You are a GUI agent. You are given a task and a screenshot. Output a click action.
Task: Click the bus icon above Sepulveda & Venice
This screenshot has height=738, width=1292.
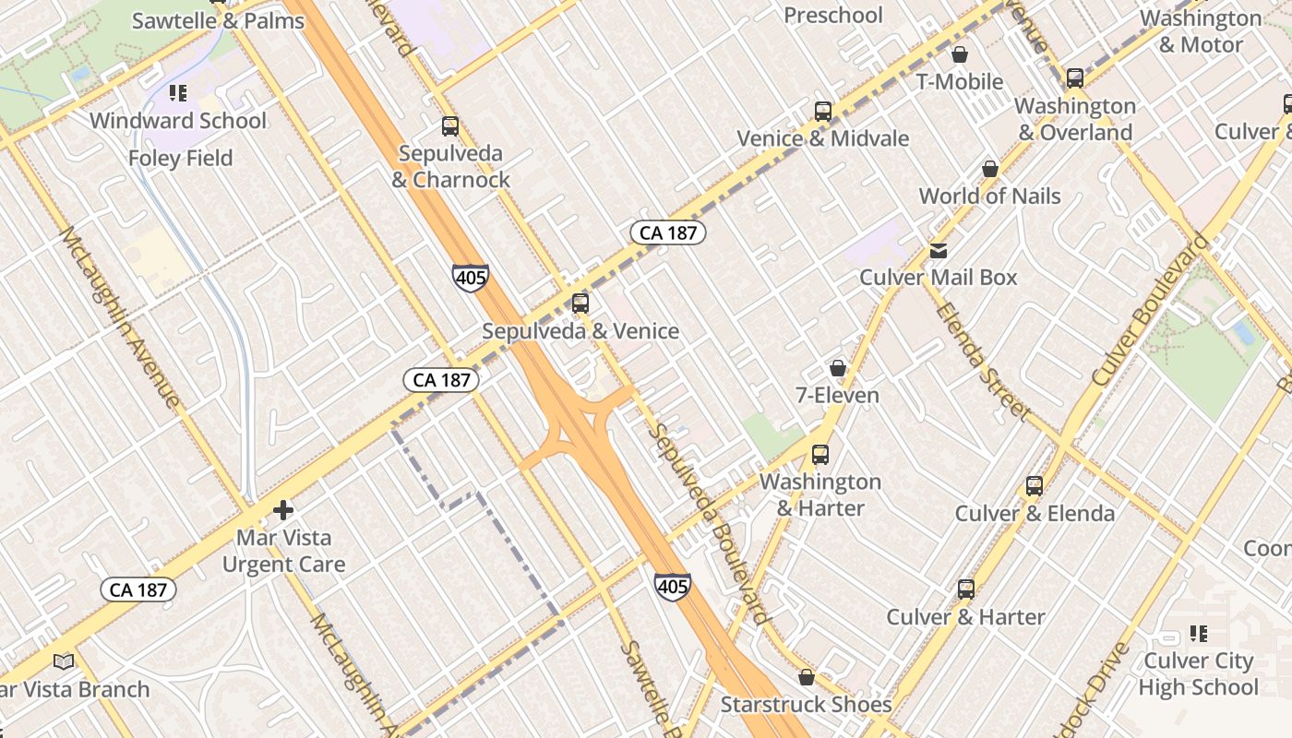580,303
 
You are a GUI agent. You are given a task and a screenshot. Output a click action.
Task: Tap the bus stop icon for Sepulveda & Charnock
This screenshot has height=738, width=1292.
450,126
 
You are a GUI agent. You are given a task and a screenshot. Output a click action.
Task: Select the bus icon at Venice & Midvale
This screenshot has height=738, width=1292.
822,112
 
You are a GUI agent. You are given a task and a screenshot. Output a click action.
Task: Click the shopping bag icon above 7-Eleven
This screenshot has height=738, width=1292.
838,368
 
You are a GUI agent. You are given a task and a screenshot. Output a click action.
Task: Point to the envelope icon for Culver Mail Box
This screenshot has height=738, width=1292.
939,250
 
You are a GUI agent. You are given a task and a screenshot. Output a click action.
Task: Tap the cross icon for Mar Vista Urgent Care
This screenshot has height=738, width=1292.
283,510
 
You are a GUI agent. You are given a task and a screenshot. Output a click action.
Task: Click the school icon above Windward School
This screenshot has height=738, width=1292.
178,93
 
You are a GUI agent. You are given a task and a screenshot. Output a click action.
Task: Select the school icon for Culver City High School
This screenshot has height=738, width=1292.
1198,634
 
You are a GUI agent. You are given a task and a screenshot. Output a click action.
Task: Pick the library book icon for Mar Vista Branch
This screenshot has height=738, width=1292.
64,661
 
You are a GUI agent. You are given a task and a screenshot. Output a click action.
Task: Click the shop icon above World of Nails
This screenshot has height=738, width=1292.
990,169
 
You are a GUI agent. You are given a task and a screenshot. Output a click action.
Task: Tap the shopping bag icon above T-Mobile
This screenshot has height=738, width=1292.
960,54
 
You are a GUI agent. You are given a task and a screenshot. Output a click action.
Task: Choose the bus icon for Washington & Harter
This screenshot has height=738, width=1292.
819,454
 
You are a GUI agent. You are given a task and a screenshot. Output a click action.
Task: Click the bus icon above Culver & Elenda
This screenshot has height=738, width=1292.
1035,486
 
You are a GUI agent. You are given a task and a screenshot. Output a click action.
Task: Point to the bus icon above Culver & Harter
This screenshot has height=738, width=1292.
966,589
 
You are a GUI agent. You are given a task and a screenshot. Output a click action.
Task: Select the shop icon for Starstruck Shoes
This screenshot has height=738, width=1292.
807,678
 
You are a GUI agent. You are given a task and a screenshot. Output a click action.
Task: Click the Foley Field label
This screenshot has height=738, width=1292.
181,158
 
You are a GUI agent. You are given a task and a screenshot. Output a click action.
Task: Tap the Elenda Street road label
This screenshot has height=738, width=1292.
981,360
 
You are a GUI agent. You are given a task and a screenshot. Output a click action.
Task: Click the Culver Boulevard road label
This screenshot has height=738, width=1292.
1149,310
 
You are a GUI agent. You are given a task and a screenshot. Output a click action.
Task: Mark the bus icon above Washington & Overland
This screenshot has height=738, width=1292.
1075,78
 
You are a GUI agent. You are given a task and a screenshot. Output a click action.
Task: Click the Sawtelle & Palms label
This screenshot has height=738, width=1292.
218,21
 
